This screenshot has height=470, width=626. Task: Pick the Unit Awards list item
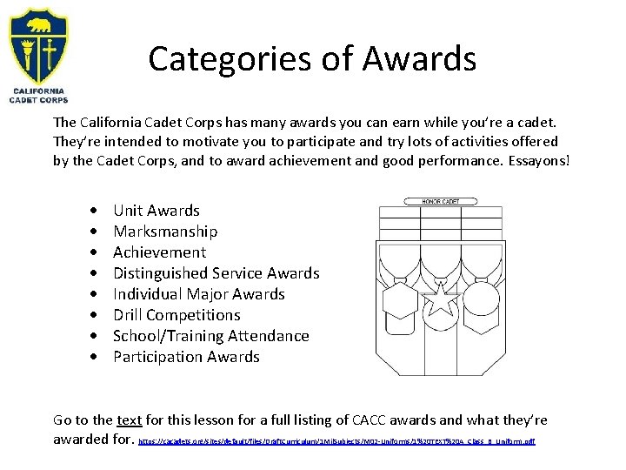coord(156,211)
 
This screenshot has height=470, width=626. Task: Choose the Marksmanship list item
coord(165,232)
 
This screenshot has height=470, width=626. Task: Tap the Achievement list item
coord(160,252)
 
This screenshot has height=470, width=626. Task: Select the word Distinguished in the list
coord(163,273)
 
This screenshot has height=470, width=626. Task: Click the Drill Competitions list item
coord(176,315)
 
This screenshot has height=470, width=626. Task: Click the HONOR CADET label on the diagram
coord(441,201)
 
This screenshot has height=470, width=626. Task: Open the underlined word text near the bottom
coord(130,420)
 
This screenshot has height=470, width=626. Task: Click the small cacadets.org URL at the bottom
coord(337,441)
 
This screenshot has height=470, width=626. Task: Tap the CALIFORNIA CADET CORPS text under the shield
coord(38,95)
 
